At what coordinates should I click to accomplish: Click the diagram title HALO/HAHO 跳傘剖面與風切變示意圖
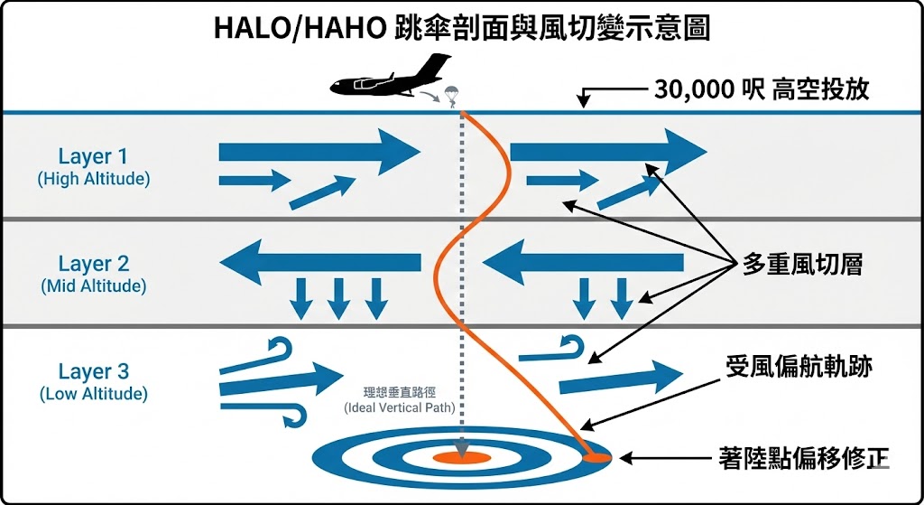(461, 28)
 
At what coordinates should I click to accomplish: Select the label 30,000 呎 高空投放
(761, 90)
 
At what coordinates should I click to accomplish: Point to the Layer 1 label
(93, 156)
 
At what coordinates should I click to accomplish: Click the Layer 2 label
(93, 264)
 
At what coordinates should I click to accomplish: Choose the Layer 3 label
(93, 371)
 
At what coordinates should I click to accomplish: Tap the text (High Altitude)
(93, 179)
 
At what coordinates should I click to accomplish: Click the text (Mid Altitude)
(93, 286)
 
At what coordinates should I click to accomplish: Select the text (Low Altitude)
(93, 394)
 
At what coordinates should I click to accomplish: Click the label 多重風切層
(802, 264)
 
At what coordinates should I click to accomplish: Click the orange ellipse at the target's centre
(461, 458)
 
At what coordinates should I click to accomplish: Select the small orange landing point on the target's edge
(596, 458)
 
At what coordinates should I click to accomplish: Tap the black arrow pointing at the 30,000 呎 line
(614, 91)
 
